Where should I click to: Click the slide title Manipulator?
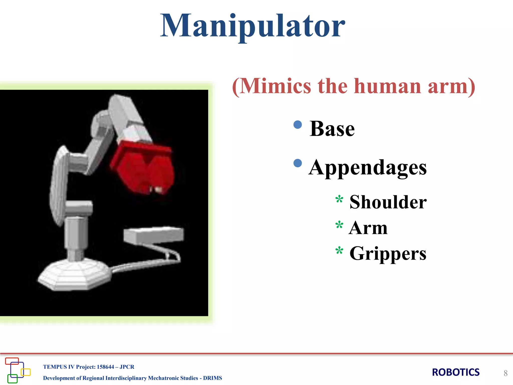coord(252,26)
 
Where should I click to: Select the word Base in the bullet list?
coord(332,129)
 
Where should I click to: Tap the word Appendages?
coord(367,168)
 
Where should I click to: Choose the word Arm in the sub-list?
coord(368,228)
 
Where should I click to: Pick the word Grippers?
coord(388,254)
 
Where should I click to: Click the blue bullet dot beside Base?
coord(298,125)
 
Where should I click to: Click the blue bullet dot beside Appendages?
coord(298,163)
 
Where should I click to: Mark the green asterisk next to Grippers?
coord(339,251)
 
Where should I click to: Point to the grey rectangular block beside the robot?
coord(154,235)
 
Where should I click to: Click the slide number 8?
coord(505,373)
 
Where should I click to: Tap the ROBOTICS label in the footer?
coord(456,372)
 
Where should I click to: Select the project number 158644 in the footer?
coord(105,367)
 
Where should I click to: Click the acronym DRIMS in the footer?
coord(212,378)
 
